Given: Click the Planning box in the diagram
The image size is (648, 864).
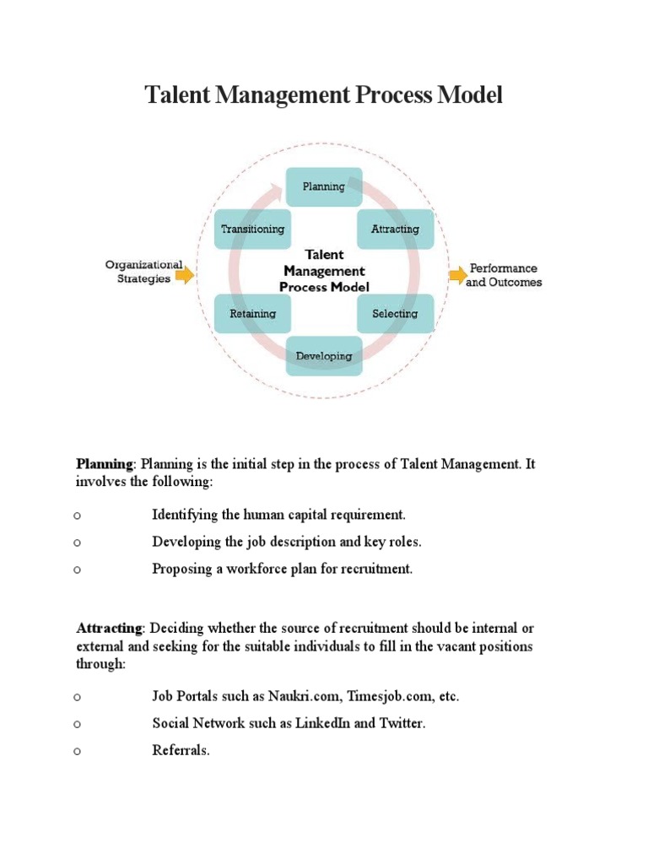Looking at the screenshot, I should pos(324,186).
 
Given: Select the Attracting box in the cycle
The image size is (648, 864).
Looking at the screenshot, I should pos(395,229).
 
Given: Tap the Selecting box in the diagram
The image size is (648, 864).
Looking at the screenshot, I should pos(395,314).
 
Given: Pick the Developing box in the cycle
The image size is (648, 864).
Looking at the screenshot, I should pos(324,356).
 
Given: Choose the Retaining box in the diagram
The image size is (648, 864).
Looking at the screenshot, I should pos(252,314).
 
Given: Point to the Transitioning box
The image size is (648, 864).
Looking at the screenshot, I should pos(252,229).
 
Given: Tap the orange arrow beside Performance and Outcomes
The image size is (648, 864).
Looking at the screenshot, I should pos(456,274).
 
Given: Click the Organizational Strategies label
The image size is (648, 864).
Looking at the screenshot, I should pos(143,271).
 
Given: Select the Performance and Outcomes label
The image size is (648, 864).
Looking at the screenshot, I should pos(504,275).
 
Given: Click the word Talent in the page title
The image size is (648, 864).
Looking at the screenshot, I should pos(175,95).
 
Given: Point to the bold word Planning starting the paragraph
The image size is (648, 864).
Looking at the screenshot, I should pos(105,464).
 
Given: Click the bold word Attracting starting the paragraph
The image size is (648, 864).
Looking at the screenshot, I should pos(110,629).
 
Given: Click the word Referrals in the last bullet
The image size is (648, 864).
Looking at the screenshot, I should pos(179,751).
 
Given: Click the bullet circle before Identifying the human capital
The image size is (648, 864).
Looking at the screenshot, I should pos(77,516).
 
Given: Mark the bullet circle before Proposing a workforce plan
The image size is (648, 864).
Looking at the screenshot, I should pos(77,570).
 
